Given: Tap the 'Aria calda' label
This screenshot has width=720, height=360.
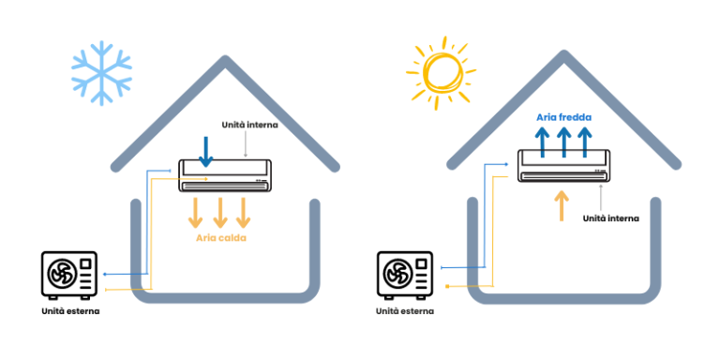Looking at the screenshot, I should pos(221,240).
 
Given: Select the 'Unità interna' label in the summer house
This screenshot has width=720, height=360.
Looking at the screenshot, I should pos(610,217).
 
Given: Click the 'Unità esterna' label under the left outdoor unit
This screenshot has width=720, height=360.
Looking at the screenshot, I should pos(70,309).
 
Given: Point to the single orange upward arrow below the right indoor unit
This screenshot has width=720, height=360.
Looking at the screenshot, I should pos(561,204).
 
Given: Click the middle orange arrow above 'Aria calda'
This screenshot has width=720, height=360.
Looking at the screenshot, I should pos(221,212).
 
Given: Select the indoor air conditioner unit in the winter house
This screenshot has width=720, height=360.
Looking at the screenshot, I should pos(226,175).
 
